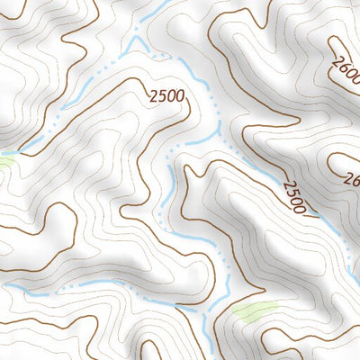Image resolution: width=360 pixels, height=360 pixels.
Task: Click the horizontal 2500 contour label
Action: [x=168, y=94]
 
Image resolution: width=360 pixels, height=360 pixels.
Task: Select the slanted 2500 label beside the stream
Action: [x=294, y=197]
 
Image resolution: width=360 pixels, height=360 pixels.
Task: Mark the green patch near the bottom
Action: [x=255, y=312]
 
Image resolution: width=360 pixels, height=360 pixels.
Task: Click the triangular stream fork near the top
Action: [x=138, y=46]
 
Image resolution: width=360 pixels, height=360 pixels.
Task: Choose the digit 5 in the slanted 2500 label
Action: [x=290, y=193]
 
